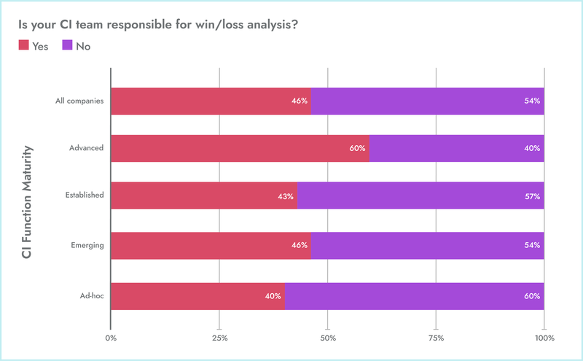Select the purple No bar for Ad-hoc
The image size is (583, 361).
[414, 296]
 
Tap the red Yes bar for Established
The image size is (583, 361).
[204, 196]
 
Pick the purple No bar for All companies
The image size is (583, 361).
[427, 101]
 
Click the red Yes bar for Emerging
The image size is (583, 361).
[211, 245]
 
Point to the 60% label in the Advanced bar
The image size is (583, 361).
[357, 149]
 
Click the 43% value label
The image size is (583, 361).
[286, 197]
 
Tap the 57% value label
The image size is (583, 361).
[532, 197]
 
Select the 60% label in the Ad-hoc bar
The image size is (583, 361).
[532, 296]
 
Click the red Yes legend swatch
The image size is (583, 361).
[23, 45]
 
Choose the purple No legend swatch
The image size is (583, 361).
[67, 45]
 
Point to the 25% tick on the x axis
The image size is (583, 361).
[219, 338]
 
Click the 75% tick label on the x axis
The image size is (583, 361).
[436, 338]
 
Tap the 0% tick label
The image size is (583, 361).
[111, 338]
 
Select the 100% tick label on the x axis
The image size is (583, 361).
[544, 338]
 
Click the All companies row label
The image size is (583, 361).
[79, 101]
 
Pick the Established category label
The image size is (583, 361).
[84, 195]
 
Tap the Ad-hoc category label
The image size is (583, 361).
[92, 295]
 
